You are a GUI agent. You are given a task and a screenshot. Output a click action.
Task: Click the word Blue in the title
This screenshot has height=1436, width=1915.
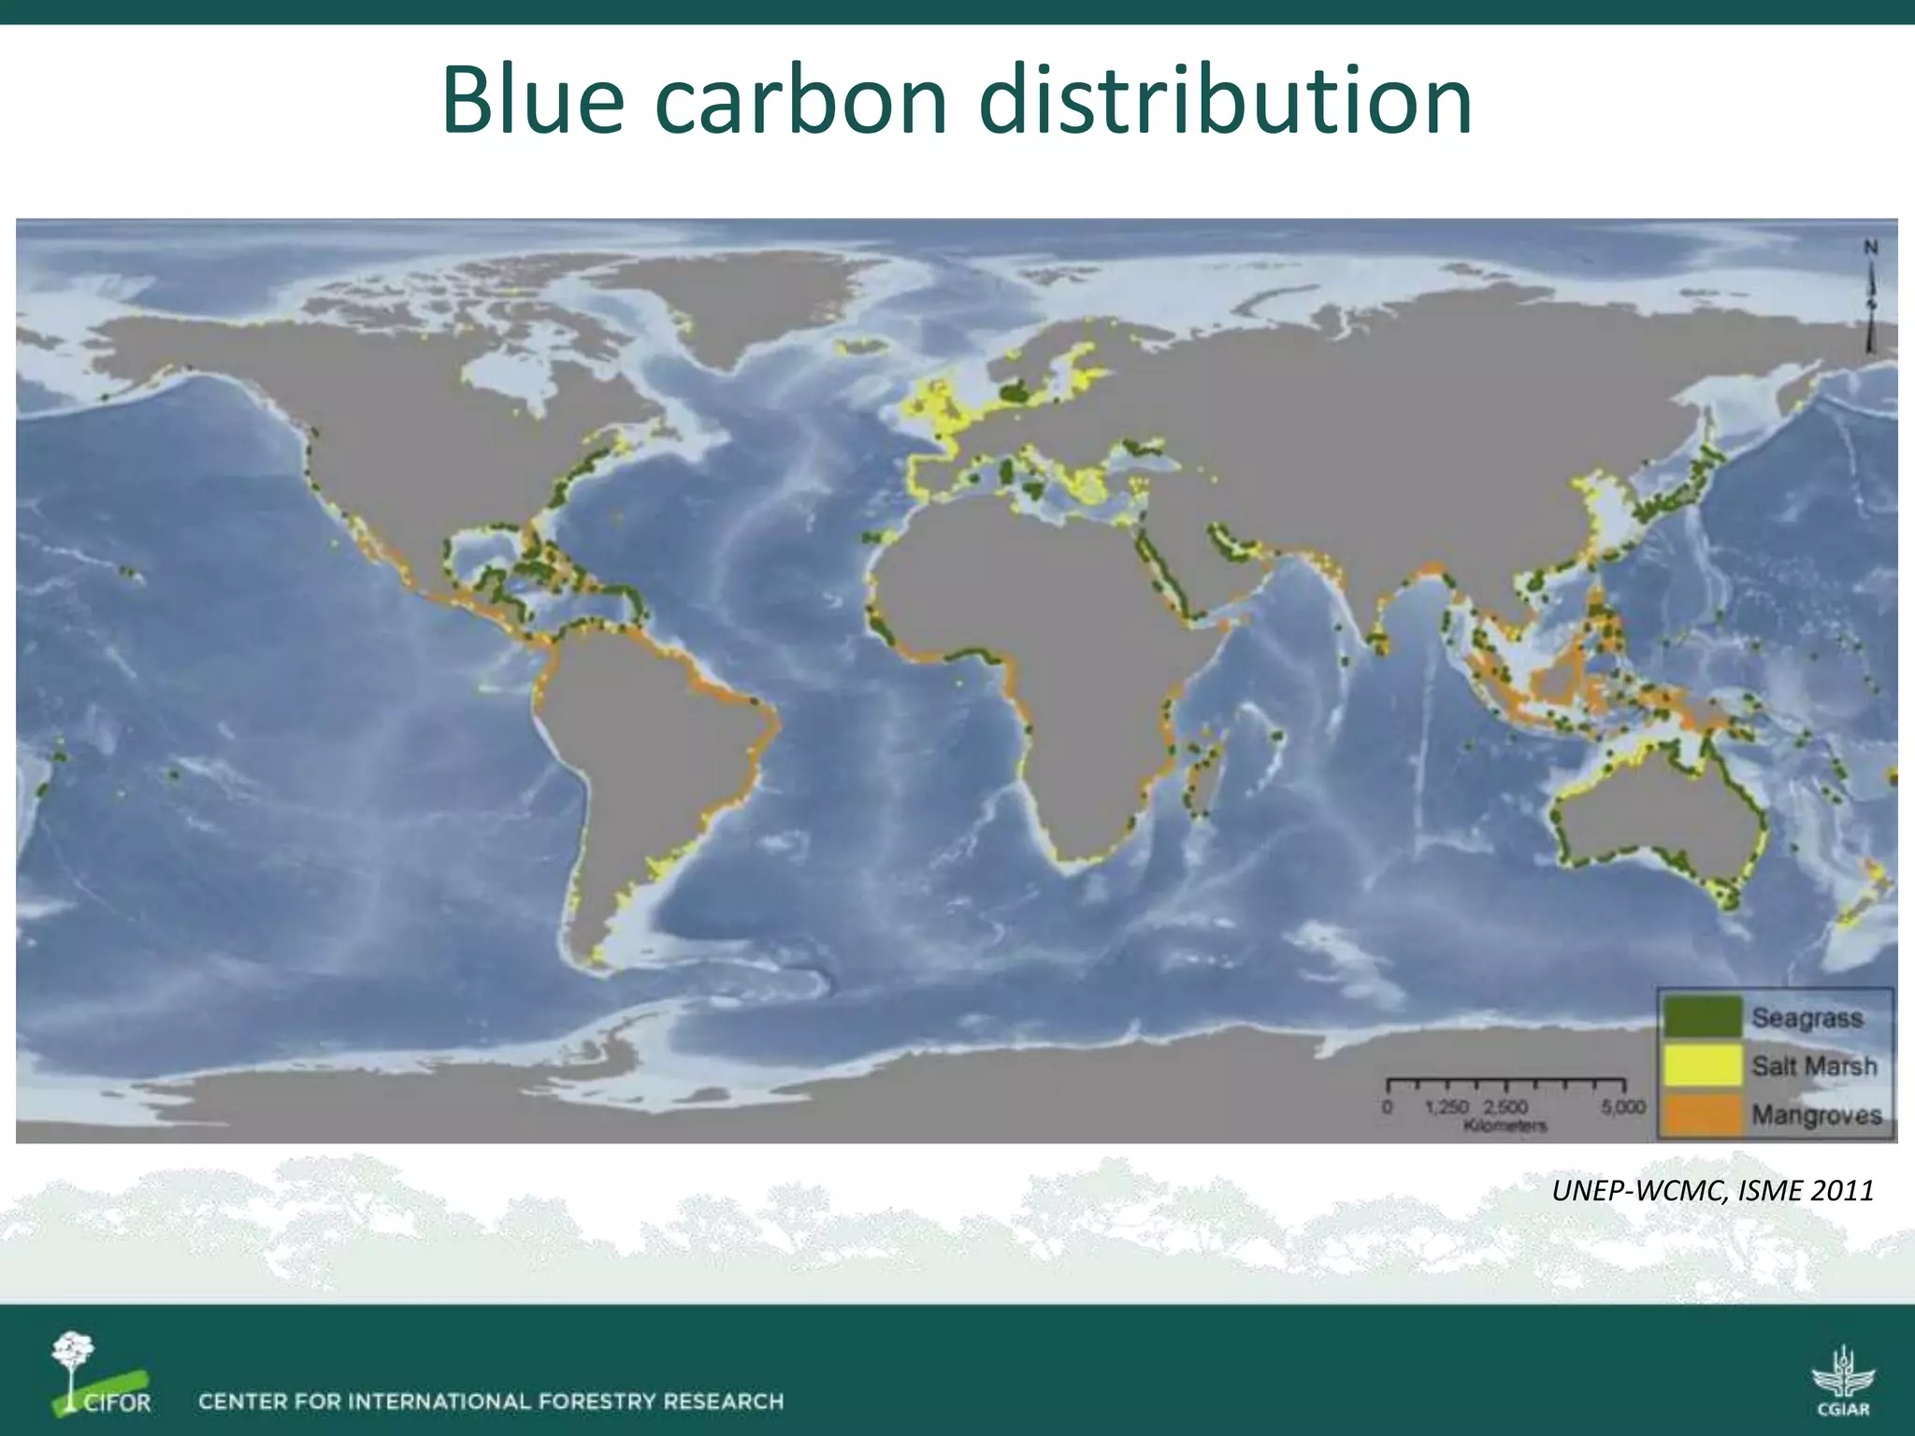point(532,100)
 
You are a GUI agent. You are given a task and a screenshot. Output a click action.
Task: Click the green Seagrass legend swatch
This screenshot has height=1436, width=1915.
point(1702,1017)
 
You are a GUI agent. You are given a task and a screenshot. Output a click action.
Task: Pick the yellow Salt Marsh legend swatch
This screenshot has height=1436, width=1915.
point(1702,1066)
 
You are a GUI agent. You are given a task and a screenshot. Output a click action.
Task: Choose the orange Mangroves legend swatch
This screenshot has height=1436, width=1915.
point(1702,1114)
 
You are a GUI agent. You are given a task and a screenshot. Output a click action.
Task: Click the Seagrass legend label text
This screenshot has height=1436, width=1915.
point(1807,1017)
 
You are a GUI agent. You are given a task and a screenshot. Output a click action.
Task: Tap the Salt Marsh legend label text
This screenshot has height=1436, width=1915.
point(1814,1066)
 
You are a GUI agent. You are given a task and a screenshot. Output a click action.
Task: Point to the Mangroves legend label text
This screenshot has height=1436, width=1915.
point(1816,1115)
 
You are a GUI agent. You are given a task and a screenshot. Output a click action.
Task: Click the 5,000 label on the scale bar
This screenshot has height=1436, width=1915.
point(1622,1107)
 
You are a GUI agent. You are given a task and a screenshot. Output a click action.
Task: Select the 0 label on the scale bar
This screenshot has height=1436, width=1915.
point(1387,1107)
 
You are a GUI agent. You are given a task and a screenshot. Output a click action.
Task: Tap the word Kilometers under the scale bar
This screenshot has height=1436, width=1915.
point(1505,1126)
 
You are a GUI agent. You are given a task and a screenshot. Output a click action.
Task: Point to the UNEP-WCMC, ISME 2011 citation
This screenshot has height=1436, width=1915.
point(1712,1190)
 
